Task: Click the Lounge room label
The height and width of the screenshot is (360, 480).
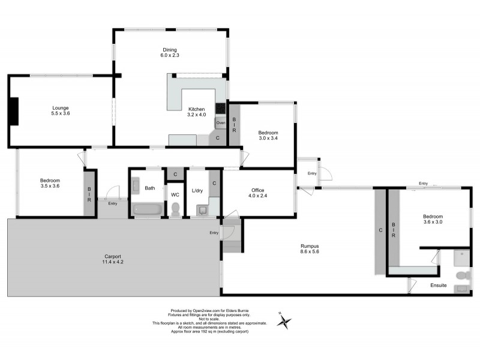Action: (x=60, y=110)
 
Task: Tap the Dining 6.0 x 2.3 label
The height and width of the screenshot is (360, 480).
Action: (x=170, y=52)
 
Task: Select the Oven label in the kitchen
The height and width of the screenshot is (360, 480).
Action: (x=220, y=123)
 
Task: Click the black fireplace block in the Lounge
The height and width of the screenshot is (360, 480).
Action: (x=13, y=111)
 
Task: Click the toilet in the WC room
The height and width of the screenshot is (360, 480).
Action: (x=175, y=209)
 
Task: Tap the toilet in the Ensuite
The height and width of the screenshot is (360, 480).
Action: (x=461, y=275)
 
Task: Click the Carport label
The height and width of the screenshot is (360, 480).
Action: (x=113, y=259)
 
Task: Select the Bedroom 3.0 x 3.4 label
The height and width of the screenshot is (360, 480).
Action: (x=268, y=136)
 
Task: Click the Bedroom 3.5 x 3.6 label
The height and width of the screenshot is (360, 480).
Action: (x=50, y=183)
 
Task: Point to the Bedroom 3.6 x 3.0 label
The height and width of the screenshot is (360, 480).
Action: (x=433, y=220)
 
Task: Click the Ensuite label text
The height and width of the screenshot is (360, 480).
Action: (x=438, y=285)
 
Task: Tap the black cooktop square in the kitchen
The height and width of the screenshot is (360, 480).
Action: (x=220, y=109)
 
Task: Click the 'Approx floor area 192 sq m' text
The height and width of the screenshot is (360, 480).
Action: (x=209, y=331)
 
